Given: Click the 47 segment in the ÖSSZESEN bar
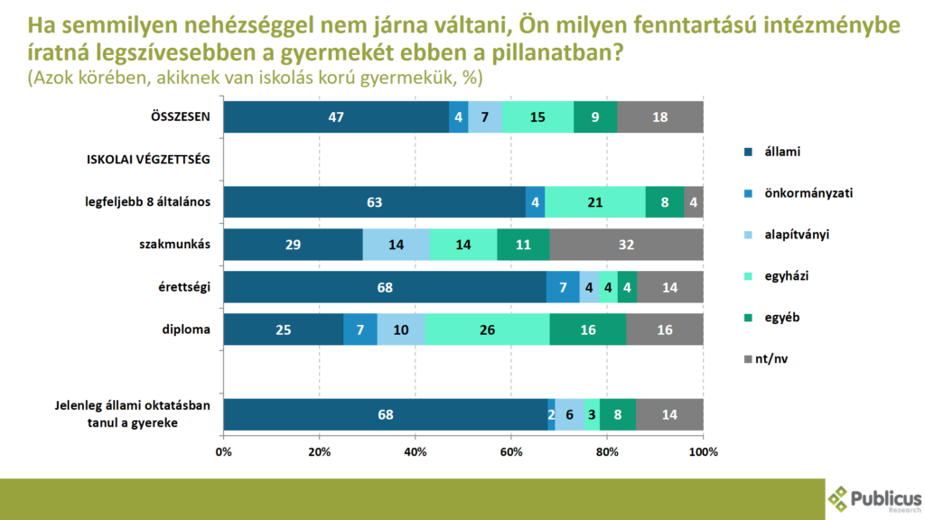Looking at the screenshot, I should point(336,117).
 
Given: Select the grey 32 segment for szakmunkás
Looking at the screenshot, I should point(626,245).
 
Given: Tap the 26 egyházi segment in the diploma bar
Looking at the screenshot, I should point(487,330).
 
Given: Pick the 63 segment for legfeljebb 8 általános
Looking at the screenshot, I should point(375,202).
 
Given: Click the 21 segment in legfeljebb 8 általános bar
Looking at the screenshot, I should point(595,202).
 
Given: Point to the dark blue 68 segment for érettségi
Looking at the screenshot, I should point(386,287).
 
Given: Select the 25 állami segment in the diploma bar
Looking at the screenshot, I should point(284,330).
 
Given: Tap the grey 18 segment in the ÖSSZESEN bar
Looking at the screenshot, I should point(660,117).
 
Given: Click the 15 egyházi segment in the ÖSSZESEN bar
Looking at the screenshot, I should point(537,117).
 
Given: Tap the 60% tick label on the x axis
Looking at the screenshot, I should point(511,450).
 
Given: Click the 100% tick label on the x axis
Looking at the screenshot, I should point(703,450).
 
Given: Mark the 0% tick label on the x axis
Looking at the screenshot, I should point(224,450).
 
